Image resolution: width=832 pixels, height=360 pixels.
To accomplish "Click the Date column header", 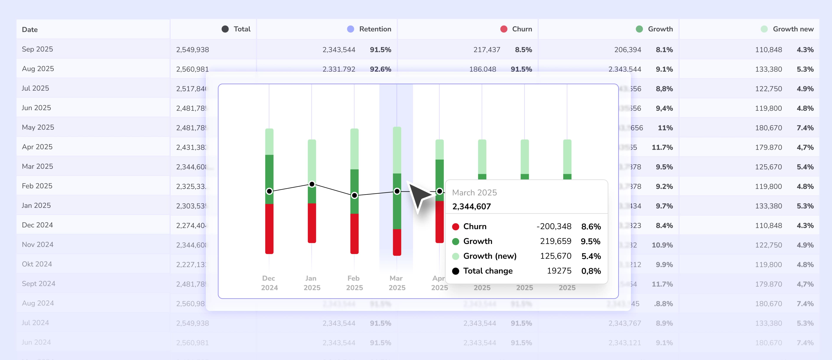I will tap(30, 29).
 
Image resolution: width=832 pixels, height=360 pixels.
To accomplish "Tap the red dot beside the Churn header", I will tap(504, 29).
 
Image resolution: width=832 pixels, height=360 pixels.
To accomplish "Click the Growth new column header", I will tap(793, 29).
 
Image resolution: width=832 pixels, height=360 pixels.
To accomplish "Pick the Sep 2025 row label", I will tap(37, 49).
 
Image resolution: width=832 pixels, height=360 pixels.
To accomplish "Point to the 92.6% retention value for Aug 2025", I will tap(380, 69).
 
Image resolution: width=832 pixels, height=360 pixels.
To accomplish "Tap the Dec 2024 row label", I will tap(37, 225).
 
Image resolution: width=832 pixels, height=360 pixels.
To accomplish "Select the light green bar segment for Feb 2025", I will tap(354, 149).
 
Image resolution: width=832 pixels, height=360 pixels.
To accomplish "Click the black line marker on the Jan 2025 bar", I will tap(312, 184).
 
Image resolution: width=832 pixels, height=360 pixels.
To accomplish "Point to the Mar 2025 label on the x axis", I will tap(397, 283).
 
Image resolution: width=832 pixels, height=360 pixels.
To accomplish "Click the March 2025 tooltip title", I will tap(474, 193).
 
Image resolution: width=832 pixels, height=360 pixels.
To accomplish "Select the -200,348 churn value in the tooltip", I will tap(554, 226).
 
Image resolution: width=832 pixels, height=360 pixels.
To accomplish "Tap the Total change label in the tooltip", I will tap(488, 271).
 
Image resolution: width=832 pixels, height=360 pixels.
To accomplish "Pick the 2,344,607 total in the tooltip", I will tap(471, 207).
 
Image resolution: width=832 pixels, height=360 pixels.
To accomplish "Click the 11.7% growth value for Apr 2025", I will tap(662, 147).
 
